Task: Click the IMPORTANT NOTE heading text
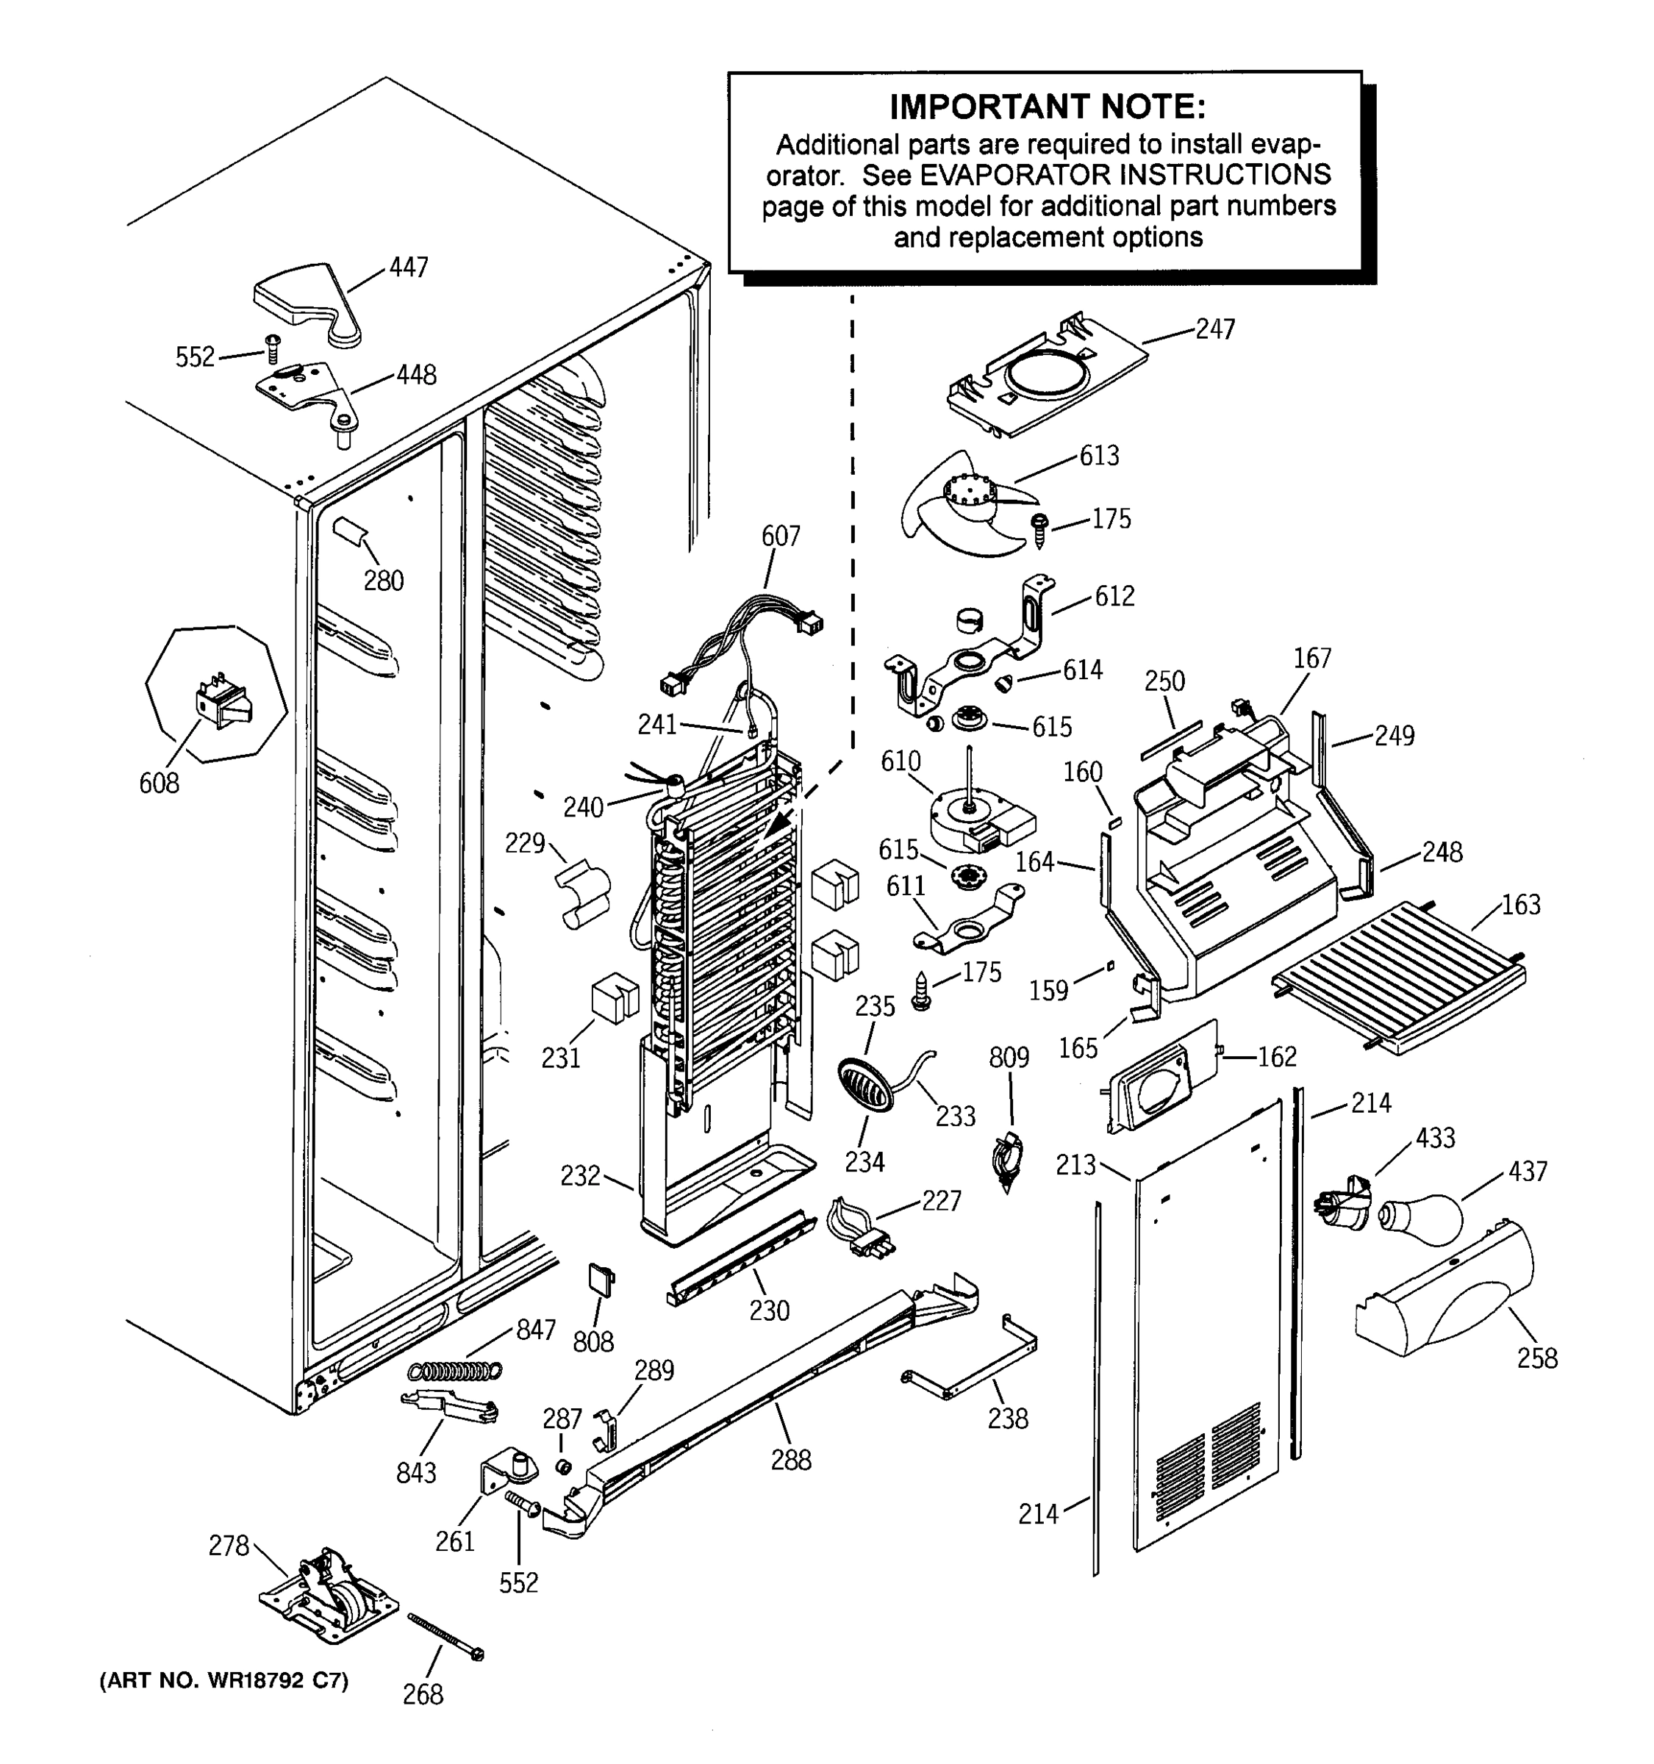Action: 1047,107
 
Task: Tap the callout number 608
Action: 159,783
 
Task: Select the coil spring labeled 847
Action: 455,1370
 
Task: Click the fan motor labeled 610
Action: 976,821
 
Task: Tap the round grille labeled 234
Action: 864,1083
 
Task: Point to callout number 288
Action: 791,1460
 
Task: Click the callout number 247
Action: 1214,329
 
